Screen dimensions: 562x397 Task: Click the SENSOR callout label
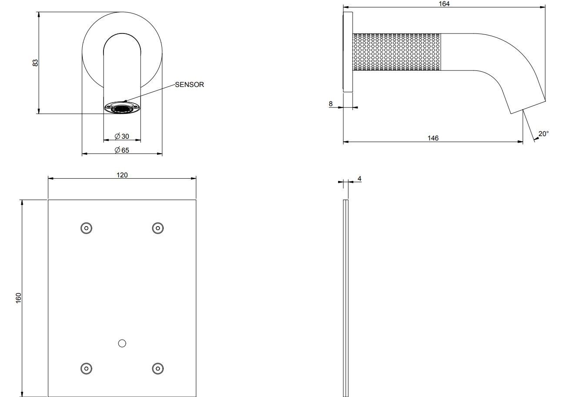pyautogui.click(x=189, y=84)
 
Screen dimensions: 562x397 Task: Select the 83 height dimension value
pyautogui.click(x=35, y=63)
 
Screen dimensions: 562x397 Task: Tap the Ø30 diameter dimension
pyautogui.click(x=122, y=136)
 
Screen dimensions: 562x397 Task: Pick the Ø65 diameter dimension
pyautogui.click(x=122, y=150)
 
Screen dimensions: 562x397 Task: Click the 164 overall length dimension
pyautogui.click(x=444, y=4)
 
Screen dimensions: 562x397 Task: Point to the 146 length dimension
pyautogui.click(x=433, y=138)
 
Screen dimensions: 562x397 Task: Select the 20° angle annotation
pyautogui.click(x=543, y=133)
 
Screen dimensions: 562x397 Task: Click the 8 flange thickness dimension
pyautogui.click(x=331, y=103)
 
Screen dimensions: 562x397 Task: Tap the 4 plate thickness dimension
pyautogui.click(x=359, y=179)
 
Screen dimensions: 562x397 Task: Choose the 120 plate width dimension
pyautogui.click(x=122, y=175)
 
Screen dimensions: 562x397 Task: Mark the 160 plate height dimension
pyautogui.click(x=19, y=298)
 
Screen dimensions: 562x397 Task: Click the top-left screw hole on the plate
pyautogui.click(x=86, y=228)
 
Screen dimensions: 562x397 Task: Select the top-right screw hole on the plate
pyautogui.click(x=158, y=228)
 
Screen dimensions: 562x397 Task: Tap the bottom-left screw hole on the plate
pyautogui.click(x=86, y=368)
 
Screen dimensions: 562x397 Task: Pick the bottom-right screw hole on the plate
pyautogui.click(x=158, y=368)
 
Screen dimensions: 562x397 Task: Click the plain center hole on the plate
pyautogui.click(x=122, y=344)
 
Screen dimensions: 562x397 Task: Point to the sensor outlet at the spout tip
pyautogui.click(x=122, y=108)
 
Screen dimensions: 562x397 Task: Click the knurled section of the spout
pyautogui.click(x=397, y=52)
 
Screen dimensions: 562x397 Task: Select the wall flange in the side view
pyautogui.click(x=348, y=52)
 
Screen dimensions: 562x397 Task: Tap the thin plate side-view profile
pyautogui.click(x=345, y=298)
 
